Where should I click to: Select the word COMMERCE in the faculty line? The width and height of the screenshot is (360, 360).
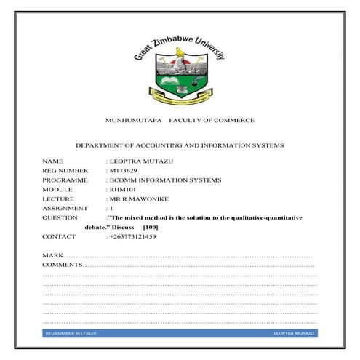[231, 120]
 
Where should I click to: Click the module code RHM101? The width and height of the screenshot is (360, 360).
[121, 188]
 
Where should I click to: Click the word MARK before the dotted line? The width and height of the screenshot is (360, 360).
[52, 256]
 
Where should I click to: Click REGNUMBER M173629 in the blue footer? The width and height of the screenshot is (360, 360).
[71, 332]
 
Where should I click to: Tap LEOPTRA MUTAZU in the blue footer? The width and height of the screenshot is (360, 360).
[294, 332]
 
